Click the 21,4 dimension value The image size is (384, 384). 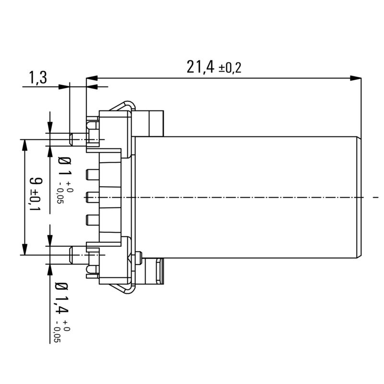pyautogui.click(x=201, y=67)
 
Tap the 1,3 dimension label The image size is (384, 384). pyautogui.click(x=38, y=77)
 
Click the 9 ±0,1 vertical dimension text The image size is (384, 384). pyautogui.click(x=36, y=194)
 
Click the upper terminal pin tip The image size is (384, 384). pyautogui.click(x=72, y=139)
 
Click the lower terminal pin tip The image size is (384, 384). pyautogui.click(x=72, y=254)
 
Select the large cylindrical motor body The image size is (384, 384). pyautogui.click(x=245, y=197)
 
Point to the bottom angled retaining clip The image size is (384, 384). pyautogui.click(x=120, y=287)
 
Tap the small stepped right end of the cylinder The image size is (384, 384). pyautogui.click(x=360, y=197)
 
